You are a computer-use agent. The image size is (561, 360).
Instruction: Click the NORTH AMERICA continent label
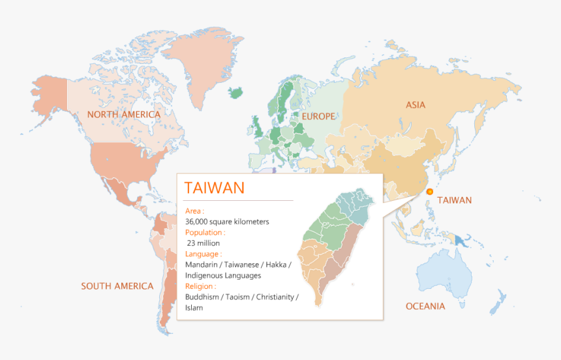pyautogui.click(x=124, y=115)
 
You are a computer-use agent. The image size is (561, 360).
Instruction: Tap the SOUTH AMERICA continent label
pyautogui.click(x=117, y=286)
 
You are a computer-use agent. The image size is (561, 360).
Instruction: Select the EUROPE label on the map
pyautogui.click(x=318, y=117)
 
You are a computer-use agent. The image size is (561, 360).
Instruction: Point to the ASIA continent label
pyautogui.click(x=416, y=105)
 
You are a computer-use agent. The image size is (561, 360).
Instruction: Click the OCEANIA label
pyautogui.click(x=425, y=307)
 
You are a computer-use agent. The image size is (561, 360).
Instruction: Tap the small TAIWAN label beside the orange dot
pyautogui.click(x=454, y=200)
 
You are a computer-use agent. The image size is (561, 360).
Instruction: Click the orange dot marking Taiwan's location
pyautogui.click(x=430, y=192)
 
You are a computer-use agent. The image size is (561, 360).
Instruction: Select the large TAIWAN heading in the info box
pyautogui.click(x=215, y=188)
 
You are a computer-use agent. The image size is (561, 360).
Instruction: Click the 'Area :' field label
pyautogui.click(x=195, y=211)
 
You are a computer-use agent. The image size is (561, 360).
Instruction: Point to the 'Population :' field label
pyautogui.click(x=205, y=232)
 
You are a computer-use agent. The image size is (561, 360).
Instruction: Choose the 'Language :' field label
pyautogui.click(x=204, y=254)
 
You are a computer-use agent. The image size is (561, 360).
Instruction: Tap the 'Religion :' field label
pyautogui.click(x=202, y=286)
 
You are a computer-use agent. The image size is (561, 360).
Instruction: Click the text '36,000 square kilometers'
pyautogui.click(x=227, y=222)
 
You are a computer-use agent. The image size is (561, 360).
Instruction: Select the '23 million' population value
pyautogui.click(x=204, y=243)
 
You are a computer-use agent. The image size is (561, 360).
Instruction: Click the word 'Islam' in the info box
pyautogui.click(x=194, y=308)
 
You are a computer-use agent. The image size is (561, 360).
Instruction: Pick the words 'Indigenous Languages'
pyautogui.click(x=223, y=275)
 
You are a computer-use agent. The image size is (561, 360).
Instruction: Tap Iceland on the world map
pyautogui.click(x=240, y=91)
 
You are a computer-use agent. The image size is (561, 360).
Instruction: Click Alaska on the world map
pyautogui.click(x=49, y=98)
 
